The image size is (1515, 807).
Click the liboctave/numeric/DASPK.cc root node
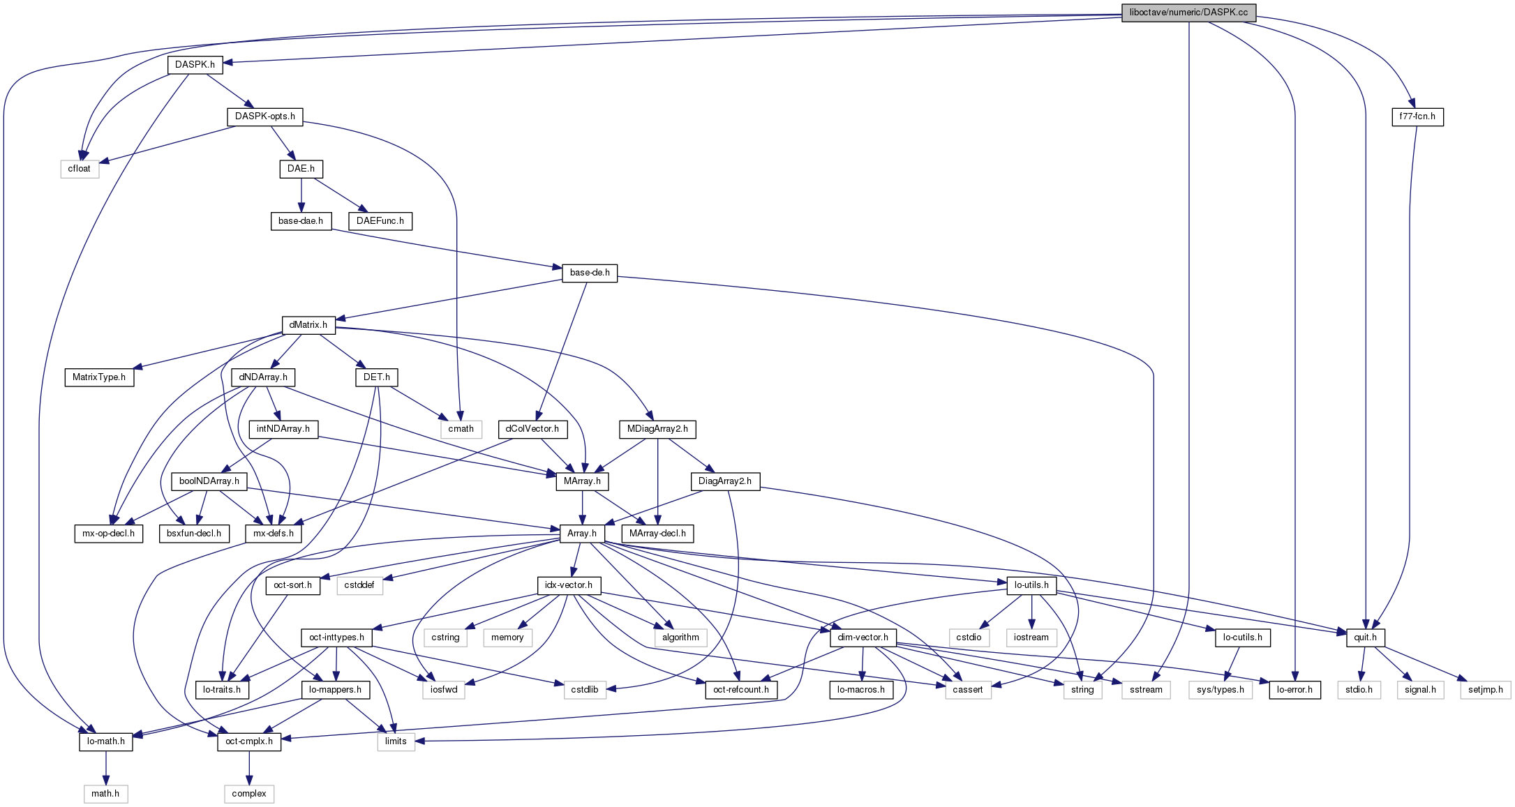(1188, 13)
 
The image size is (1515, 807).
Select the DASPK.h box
(195, 65)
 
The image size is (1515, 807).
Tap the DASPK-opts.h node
(264, 116)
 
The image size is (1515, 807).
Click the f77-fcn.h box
(1417, 116)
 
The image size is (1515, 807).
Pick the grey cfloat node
(80, 169)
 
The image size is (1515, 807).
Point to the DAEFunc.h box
(380, 221)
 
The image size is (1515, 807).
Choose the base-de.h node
(590, 273)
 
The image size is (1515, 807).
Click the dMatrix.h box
(308, 325)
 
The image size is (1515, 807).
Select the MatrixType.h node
(99, 377)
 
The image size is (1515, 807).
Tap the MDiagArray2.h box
(657, 429)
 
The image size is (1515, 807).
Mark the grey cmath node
(461, 429)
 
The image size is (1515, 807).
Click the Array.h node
(582, 534)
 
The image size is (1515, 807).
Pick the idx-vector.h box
(569, 585)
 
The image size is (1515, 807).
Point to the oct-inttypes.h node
(336, 638)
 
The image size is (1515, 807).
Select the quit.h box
(1365, 638)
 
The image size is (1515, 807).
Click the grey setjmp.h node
(1486, 690)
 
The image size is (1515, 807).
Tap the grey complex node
(249, 794)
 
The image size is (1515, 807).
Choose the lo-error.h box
(1294, 690)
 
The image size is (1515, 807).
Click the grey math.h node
(105, 794)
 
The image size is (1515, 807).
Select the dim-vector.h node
(863, 638)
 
